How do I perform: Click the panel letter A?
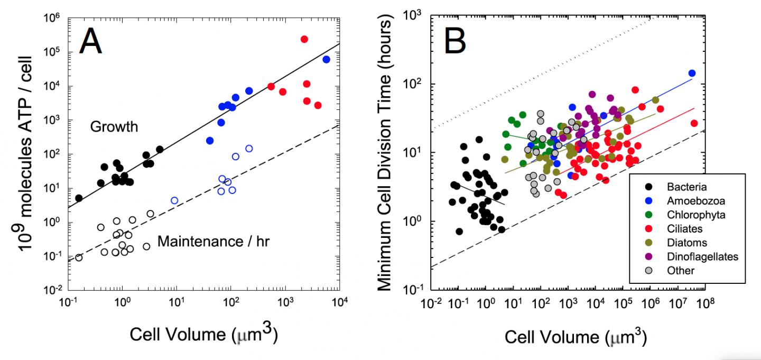coord(90,43)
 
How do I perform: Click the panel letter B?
coord(459,41)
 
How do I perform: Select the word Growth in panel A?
coord(114,127)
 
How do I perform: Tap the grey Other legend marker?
coord(647,271)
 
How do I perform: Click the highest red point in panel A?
coord(304,39)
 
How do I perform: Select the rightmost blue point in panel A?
coord(326,59)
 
